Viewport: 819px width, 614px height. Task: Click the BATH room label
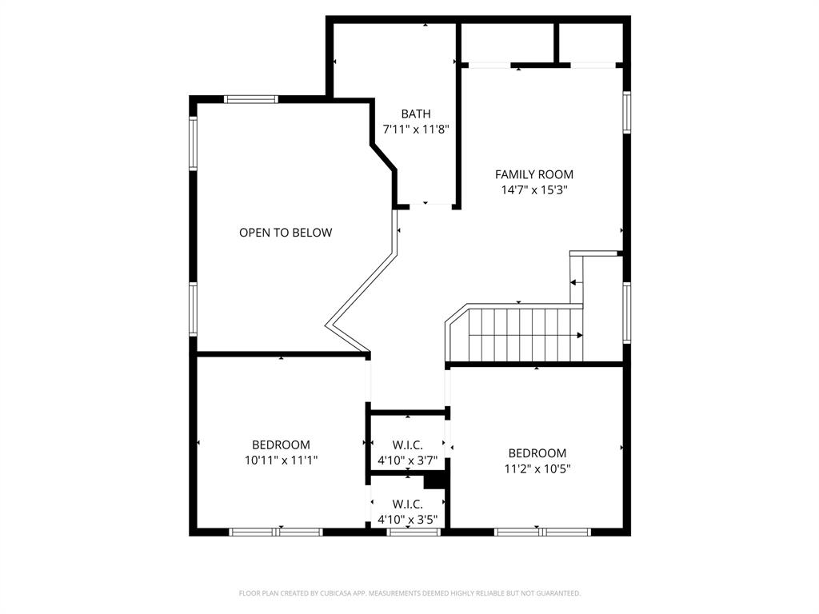(x=416, y=114)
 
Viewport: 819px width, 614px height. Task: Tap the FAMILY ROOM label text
(x=533, y=174)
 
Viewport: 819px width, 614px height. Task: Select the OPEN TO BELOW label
(x=286, y=233)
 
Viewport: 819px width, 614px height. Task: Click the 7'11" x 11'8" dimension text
(x=416, y=129)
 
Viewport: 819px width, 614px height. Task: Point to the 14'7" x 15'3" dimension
(x=533, y=189)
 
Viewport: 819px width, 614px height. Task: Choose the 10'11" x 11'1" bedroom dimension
(x=281, y=460)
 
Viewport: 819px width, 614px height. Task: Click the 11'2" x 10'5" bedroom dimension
(x=537, y=468)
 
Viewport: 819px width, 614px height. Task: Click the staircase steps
(x=520, y=334)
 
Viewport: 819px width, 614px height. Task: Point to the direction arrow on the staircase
(x=579, y=335)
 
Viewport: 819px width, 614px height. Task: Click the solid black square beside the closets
(x=433, y=480)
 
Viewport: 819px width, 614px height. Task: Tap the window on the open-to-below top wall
(x=251, y=99)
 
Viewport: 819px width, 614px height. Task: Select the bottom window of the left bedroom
(x=276, y=532)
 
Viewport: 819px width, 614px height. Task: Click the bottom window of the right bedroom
(x=542, y=532)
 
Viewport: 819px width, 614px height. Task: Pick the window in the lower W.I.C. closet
(x=413, y=532)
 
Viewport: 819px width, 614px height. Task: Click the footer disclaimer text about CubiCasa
(x=409, y=593)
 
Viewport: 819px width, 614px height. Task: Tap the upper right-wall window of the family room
(x=627, y=112)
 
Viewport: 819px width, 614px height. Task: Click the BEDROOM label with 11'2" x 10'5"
(x=537, y=453)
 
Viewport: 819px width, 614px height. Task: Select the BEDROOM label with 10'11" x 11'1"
(x=281, y=445)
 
